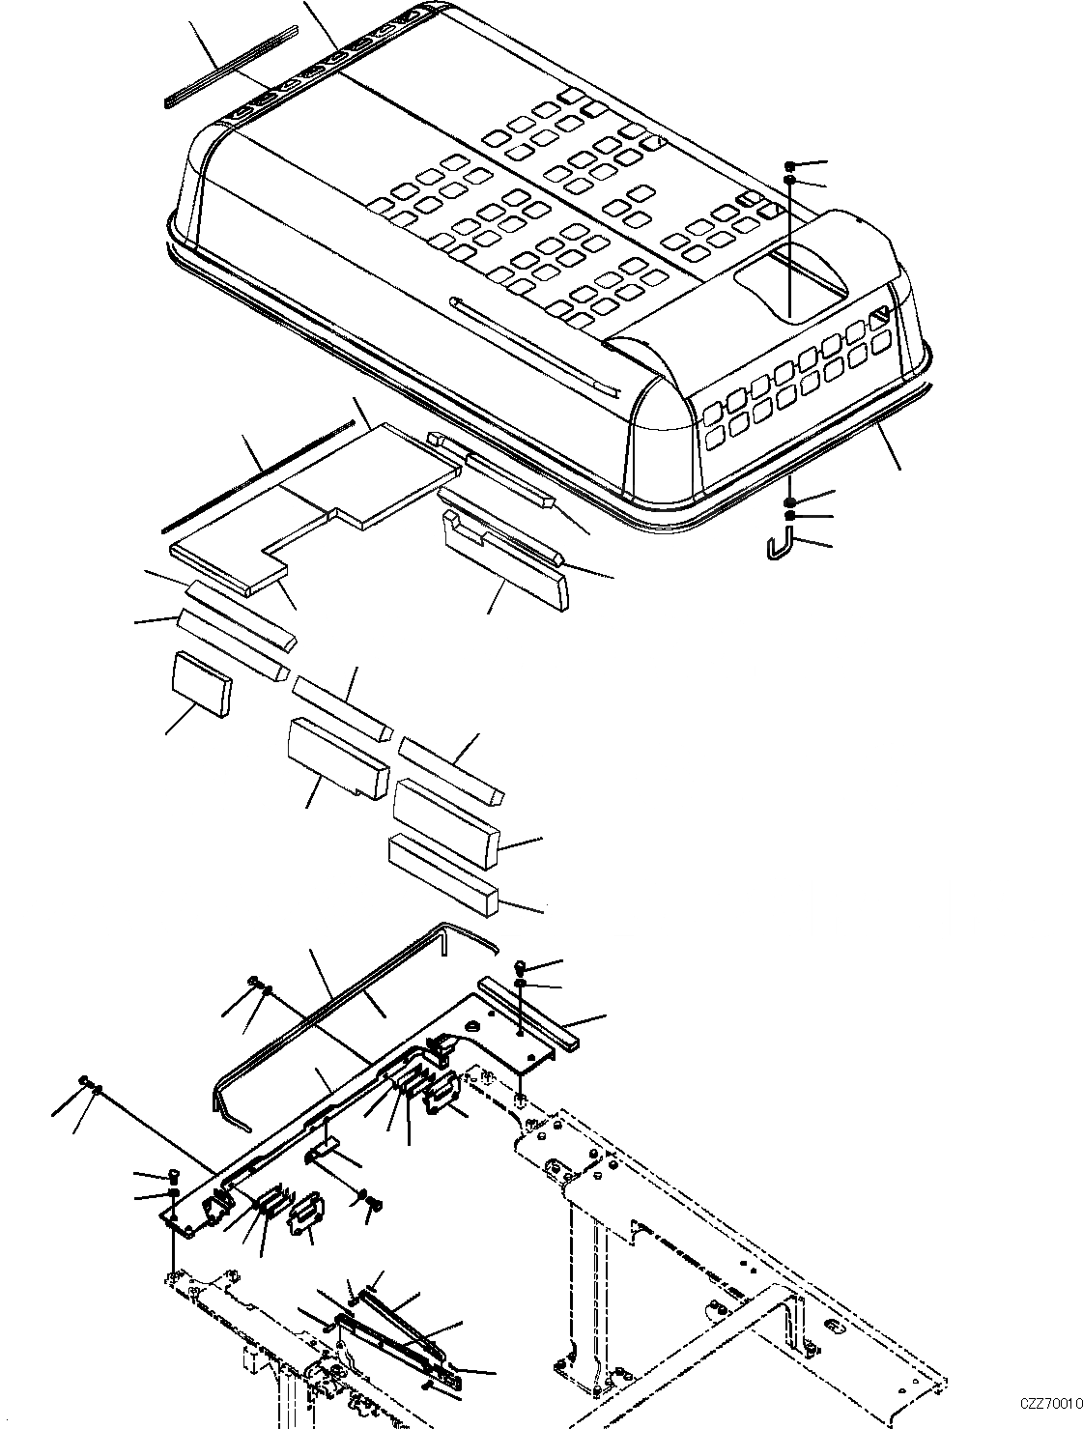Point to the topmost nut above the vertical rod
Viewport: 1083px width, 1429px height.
coord(791,166)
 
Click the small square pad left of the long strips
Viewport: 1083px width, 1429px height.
coord(201,683)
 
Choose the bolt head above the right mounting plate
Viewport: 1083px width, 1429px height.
coord(520,967)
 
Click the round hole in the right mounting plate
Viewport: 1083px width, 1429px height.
coord(472,1027)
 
